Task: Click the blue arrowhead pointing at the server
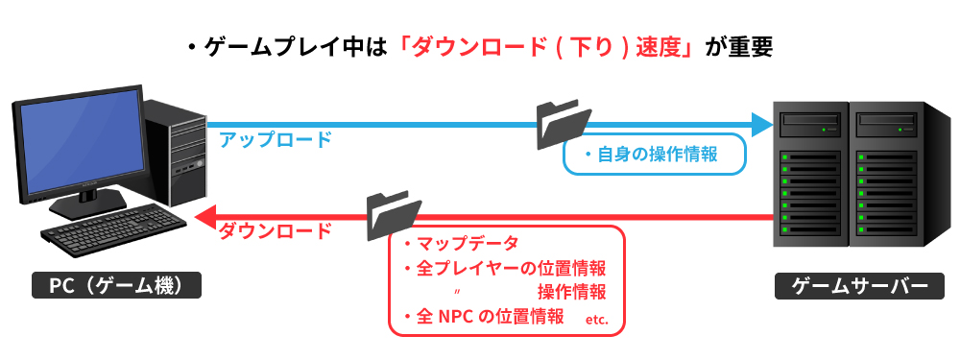coord(763,124)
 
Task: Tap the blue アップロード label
coord(275,139)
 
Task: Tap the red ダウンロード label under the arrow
coord(275,232)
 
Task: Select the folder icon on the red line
coord(394,214)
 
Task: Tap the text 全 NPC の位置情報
coord(489,316)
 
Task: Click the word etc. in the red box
coord(595,319)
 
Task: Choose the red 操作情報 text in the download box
coord(571,292)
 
